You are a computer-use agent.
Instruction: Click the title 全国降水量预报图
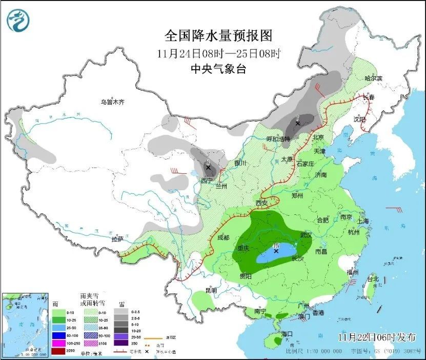pos(218,35)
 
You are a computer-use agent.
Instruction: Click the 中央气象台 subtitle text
pos(218,69)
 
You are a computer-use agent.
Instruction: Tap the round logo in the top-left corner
pos(18,20)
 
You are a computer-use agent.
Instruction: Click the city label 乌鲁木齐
pos(112,102)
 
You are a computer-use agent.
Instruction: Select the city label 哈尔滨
pos(373,78)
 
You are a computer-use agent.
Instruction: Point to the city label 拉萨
pos(118,239)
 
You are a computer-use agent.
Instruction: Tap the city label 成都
pos(223,237)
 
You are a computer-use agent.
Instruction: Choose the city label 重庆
pos(244,248)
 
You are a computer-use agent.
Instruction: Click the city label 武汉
pos(306,235)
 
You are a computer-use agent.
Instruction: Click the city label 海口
pos(287,334)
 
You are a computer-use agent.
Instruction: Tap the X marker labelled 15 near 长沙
pos(276,251)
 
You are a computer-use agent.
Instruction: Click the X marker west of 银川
pos(208,167)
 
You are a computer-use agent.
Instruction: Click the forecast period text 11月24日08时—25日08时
pos(218,53)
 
